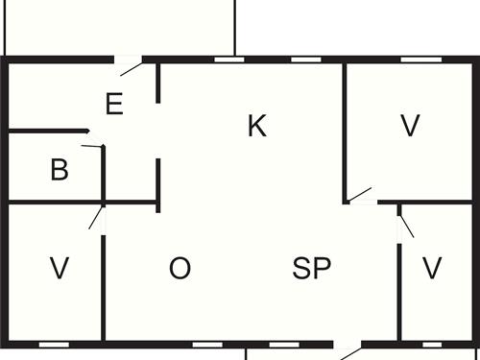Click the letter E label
[x=114, y=104]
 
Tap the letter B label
[x=60, y=172]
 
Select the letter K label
[x=256, y=126]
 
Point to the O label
[x=180, y=269]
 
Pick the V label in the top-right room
[x=411, y=126]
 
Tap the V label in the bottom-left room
[x=60, y=269]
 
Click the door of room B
[x=94, y=147]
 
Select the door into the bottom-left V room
[x=96, y=216]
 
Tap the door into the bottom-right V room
[x=405, y=224]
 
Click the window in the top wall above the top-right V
[x=414, y=60]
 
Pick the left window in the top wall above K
[x=228, y=60]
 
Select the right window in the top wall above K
[x=304, y=60]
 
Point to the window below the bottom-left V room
[x=54, y=344]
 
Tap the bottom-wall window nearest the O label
[x=206, y=344]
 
